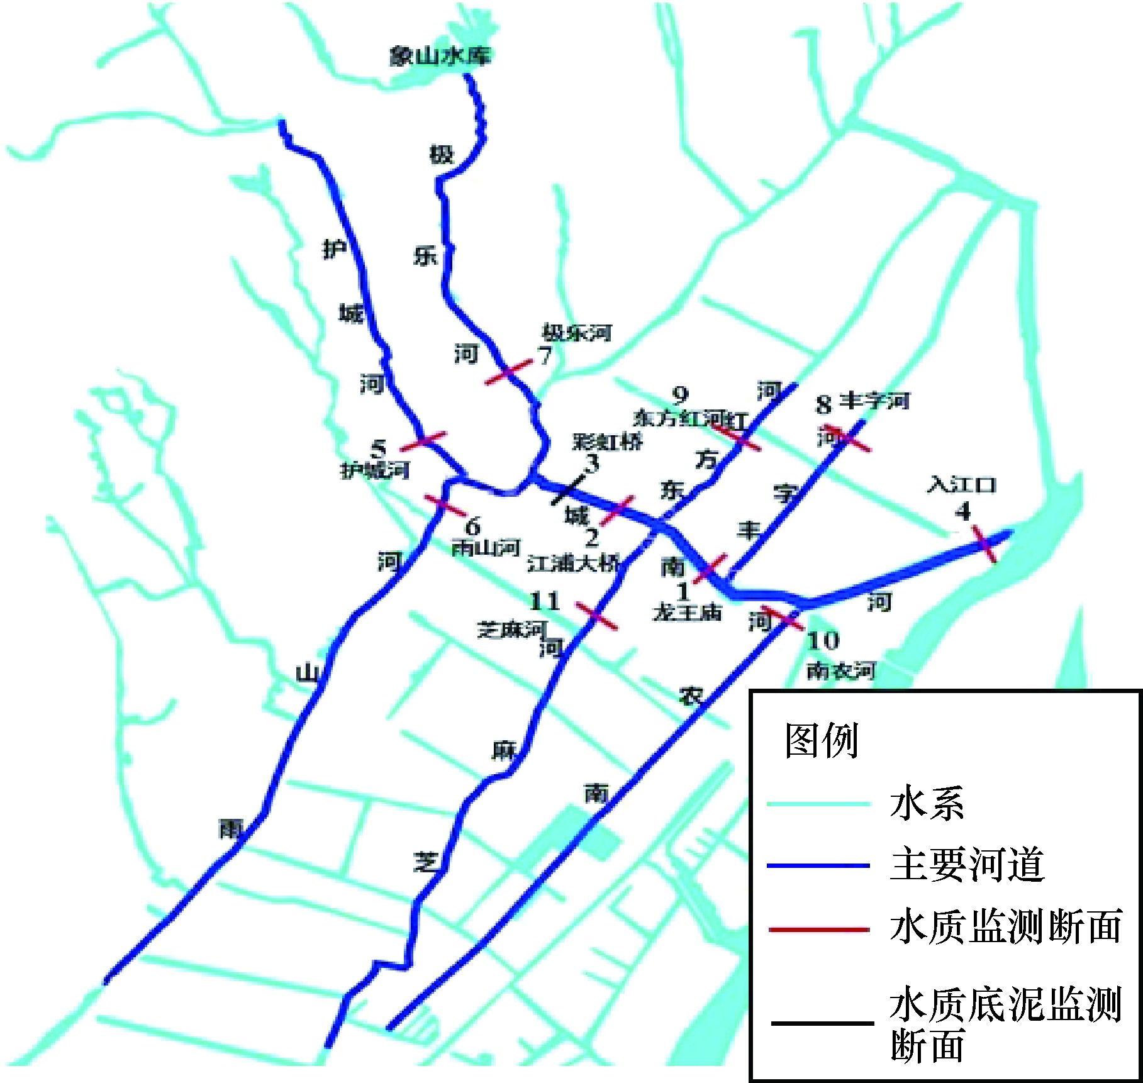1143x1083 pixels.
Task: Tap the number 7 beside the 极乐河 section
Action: pos(545,356)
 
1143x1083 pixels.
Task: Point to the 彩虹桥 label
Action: pos(606,442)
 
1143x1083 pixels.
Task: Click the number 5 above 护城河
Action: pos(378,449)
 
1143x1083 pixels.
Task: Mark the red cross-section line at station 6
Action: pos(445,504)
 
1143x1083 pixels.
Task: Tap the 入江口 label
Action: pos(962,485)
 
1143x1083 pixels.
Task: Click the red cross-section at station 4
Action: pos(984,544)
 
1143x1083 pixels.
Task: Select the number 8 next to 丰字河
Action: pos(823,404)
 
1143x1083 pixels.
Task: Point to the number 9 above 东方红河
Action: pos(680,396)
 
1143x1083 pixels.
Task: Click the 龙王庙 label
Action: pos(687,612)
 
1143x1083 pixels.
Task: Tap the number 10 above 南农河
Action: pos(823,641)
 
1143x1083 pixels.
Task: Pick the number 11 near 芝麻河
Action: pos(545,601)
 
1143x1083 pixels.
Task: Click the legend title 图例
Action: pos(821,740)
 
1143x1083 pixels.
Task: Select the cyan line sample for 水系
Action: pos(818,804)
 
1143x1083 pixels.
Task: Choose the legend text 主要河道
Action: pos(967,865)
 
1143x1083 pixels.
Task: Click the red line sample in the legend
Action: pos(819,929)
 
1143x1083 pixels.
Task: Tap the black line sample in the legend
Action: pos(822,1023)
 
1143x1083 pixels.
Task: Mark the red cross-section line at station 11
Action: pos(597,615)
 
